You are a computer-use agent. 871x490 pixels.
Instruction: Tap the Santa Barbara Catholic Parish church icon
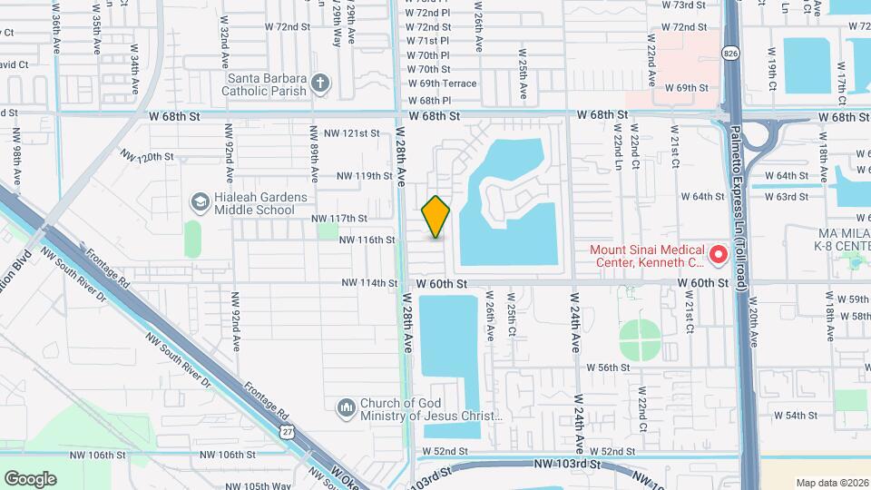tap(318, 84)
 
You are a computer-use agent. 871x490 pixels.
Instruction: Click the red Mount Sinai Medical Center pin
tap(718, 256)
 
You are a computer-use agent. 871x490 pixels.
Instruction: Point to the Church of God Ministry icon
tap(345, 409)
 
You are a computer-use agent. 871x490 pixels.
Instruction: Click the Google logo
tap(30, 478)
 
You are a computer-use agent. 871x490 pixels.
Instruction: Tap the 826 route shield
tap(730, 54)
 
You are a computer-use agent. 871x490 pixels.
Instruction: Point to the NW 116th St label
tap(367, 240)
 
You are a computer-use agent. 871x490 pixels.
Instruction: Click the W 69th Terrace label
tap(441, 83)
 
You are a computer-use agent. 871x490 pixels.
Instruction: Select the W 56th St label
tap(608, 367)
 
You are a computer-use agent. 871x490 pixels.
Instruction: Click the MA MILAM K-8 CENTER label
tap(840, 238)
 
